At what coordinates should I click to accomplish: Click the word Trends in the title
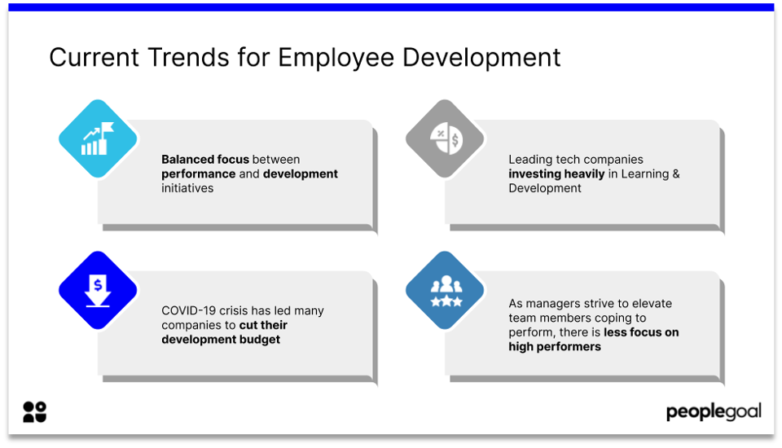click(x=189, y=57)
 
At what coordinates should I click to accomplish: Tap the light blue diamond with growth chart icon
click(x=98, y=138)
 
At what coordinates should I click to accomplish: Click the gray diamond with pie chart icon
click(x=445, y=138)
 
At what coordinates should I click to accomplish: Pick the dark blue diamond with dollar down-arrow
click(x=98, y=290)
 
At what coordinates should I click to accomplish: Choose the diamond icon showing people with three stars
click(x=445, y=290)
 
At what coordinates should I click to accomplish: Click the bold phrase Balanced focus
click(x=205, y=159)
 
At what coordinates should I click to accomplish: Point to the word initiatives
click(x=187, y=188)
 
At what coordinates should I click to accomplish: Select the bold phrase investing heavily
click(x=556, y=174)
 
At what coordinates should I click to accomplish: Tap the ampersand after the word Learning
click(x=676, y=173)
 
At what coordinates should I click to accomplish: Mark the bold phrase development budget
click(x=221, y=339)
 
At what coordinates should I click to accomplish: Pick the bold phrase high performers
click(x=555, y=347)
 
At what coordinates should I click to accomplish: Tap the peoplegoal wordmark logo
click(x=714, y=412)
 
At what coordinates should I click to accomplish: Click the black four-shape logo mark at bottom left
click(x=34, y=412)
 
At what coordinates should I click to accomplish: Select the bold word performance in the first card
click(x=199, y=174)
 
